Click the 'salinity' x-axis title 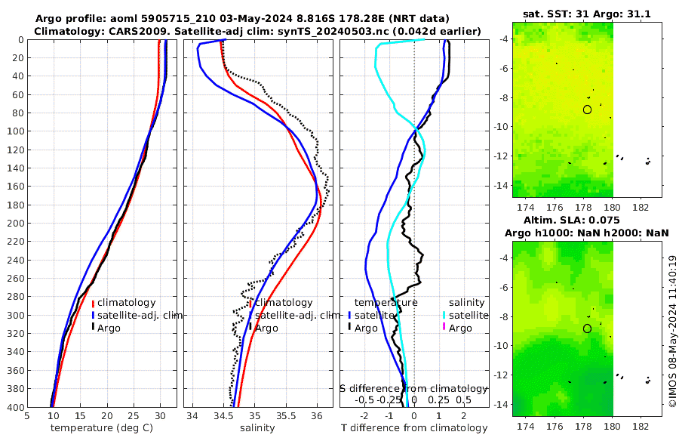pyautogui.click(x=257, y=428)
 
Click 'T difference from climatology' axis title pyautogui.click(x=414, y=428)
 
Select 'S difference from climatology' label pyautogui.click(x=414, y=388)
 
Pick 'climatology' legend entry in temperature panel pyautogui.click(x=127, y=303)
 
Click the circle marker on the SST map pyautogui.click(x=587, y=109)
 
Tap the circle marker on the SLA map pyautogui.click(x=587, y=328)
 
